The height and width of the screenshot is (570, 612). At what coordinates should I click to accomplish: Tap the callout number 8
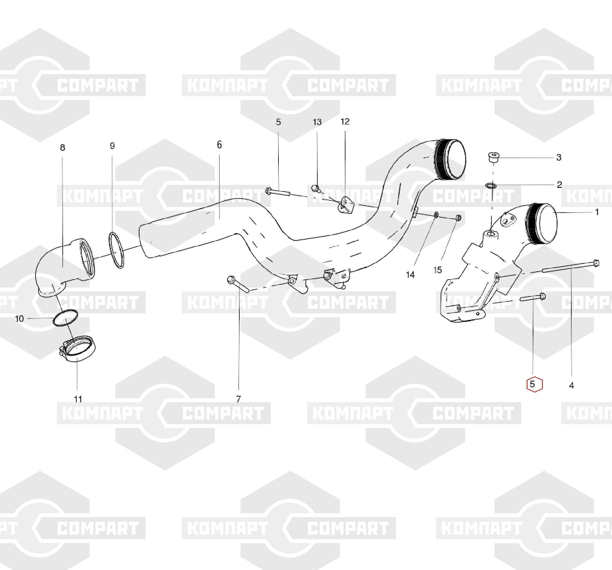coord(62,148)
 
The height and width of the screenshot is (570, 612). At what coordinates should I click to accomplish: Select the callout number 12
coord(345,121)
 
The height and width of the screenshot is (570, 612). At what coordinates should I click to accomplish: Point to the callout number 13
coord(317,122)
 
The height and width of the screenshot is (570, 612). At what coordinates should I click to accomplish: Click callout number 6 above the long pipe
coord(219,145)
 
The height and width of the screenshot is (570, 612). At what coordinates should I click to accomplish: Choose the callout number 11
coord(78,399)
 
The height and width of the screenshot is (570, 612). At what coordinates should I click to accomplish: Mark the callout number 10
coord(19,319)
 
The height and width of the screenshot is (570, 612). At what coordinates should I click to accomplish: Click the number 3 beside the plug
coord(559,158)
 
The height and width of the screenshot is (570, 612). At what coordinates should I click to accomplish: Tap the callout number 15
coord(438,270)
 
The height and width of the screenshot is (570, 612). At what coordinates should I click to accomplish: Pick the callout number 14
coord(410,274)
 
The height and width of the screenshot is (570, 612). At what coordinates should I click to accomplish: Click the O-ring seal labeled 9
coord(116,250)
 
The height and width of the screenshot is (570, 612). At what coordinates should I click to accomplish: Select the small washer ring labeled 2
coord(491,185)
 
